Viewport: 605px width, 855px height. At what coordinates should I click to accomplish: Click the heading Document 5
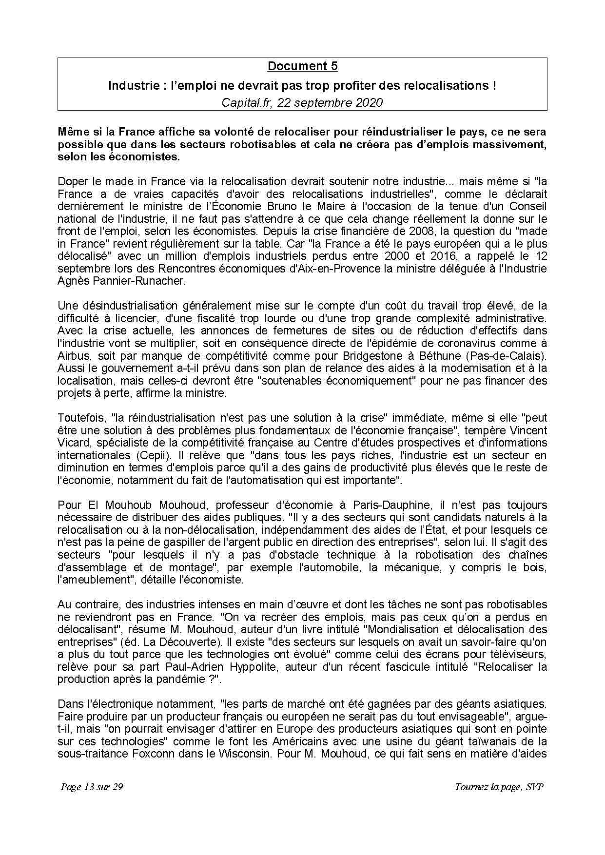coord(302,66)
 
